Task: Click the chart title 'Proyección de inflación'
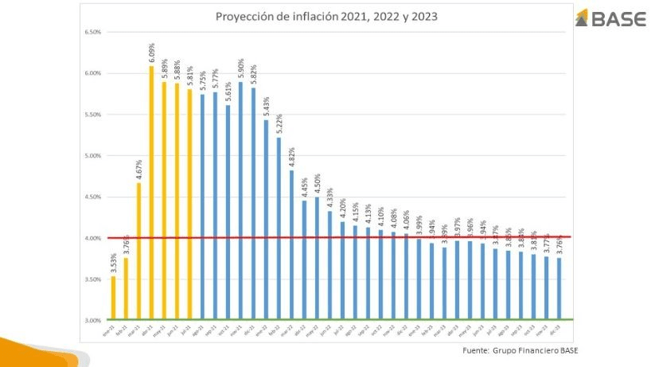click(x=326, y=16)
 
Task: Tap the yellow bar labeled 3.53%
click(x=113, y=298)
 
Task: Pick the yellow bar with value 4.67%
click(x=138, y=251)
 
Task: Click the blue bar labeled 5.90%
click(x=240, y=199)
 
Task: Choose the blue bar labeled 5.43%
click(x=266, y=219)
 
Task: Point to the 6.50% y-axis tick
click(x=91, y=33)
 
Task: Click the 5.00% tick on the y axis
click(x=91, y=156)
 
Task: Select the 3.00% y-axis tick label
click(x=91, y=320)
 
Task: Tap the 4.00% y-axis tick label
click(x=91, y=238)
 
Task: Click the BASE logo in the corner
click(x=609, y=19)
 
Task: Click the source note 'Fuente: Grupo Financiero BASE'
click(x=521, y=350)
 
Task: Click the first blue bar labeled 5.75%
click(x=202, y=206)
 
